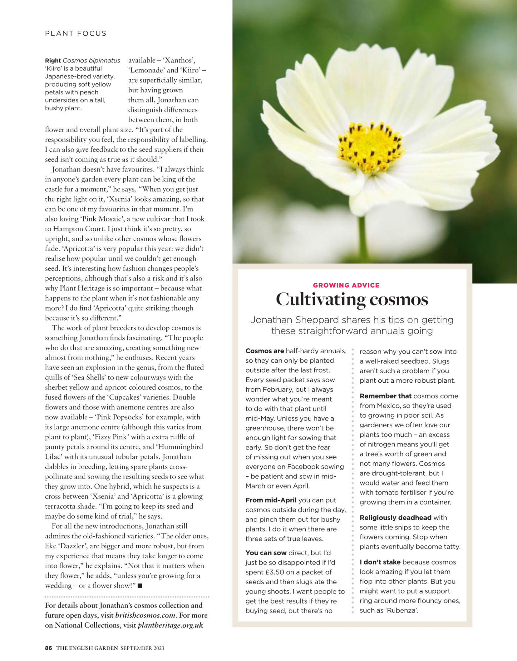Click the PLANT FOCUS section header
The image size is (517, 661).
tap(76, 33)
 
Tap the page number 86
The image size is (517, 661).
tap(48, 648)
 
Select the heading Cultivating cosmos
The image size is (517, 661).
tap(352, 299)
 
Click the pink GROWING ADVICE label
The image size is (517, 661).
tap(346, 285)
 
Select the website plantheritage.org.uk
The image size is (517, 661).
tap(170, 625)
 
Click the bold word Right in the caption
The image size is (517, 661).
tap(53, 61)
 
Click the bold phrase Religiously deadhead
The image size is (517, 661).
tap(395, 518)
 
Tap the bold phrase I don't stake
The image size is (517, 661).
tap(380, 562)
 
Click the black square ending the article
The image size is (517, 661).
tap(140, 586)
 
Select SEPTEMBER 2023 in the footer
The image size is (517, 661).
tap(142, 648)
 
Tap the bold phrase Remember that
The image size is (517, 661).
tap(385, 396)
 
